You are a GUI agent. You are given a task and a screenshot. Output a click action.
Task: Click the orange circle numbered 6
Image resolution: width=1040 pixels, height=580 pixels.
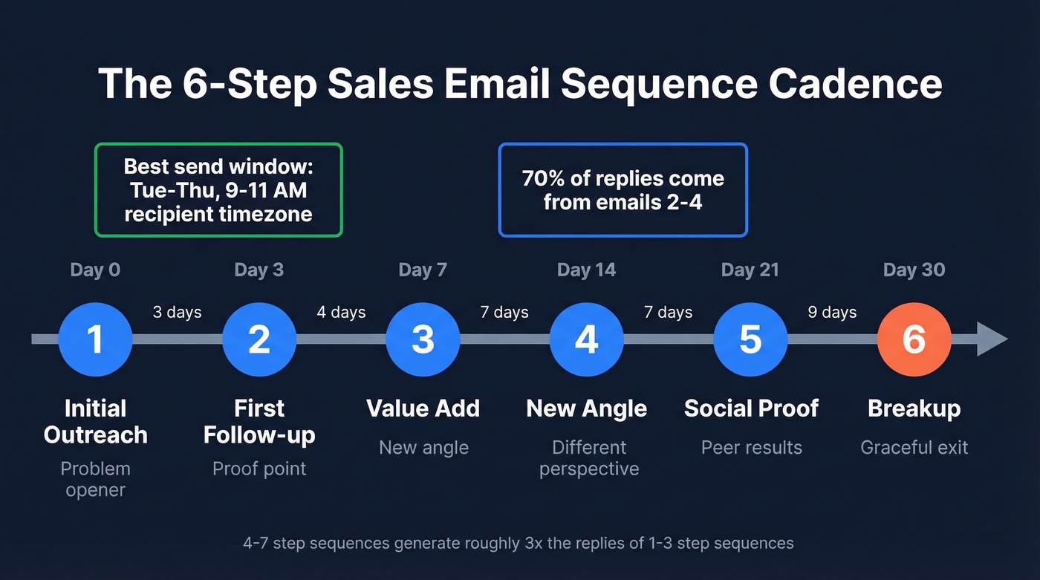coord(914,339)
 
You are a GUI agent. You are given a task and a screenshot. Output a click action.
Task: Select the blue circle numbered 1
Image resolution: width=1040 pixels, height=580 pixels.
coord(95,339)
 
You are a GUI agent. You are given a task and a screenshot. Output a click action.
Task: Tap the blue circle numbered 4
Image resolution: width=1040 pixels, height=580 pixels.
coord(587,339)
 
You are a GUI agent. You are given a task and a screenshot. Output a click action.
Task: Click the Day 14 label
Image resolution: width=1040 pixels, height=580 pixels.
coord(586,270)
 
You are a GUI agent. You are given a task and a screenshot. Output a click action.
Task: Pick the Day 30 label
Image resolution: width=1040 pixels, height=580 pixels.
coord(914,270)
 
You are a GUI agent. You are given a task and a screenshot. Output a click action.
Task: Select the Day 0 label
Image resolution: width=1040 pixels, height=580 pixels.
coord(95,270)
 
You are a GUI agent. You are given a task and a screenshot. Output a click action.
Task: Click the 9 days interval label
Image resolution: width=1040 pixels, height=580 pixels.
coord(832,312)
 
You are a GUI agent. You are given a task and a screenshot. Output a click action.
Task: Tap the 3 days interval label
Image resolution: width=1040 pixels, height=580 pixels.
coord(177,312)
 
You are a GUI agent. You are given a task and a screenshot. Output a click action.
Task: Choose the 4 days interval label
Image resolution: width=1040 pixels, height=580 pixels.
coord(341,312)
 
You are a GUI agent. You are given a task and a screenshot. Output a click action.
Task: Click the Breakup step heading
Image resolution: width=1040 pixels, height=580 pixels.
coord(914,408)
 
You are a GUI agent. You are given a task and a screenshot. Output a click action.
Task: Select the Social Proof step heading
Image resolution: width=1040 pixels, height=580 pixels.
coord(751,408)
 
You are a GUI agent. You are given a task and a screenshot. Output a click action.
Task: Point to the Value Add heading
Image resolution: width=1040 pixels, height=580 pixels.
coord(423,408)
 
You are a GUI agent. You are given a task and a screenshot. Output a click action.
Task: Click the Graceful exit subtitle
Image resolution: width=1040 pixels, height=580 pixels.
coord(914,447)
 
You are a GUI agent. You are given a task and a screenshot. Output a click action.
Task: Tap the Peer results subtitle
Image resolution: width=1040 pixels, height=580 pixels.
coord(751,447)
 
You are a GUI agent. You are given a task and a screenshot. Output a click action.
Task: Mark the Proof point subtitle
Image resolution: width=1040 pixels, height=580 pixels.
coord(259,469)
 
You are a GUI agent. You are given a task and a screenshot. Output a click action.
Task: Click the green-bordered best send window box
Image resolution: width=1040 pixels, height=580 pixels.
coord(218,190)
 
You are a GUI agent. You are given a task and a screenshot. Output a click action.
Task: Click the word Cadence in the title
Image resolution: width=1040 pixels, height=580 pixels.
coord(855,83)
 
